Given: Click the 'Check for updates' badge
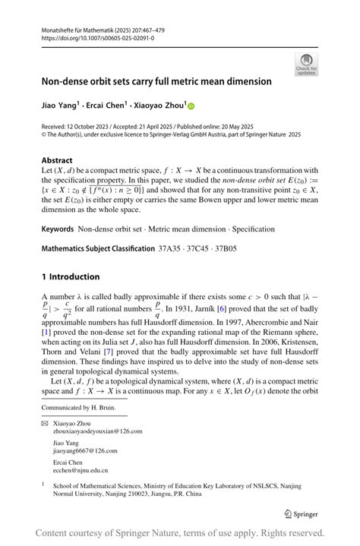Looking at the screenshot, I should pyautogui.click(x=307, y=64).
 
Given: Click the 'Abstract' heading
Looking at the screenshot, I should pyautogui.click(x=57, y=160).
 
